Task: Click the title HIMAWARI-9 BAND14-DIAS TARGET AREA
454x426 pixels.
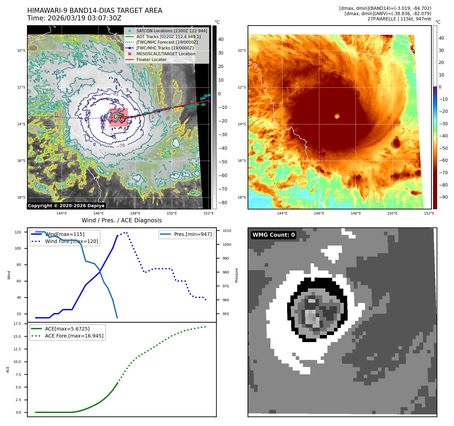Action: (95, 11)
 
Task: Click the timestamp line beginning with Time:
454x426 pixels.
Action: (74, 18)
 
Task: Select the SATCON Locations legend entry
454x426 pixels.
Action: (172, 31)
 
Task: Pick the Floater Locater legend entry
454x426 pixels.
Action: (151, 59)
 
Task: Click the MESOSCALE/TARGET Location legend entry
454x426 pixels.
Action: (166, 54)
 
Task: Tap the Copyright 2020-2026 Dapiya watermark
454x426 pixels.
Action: (66, 206)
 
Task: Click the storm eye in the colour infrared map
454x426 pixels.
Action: (337, 116)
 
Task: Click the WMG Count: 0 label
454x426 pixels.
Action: (274, 235)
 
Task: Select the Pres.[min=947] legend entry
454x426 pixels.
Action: (193, 234)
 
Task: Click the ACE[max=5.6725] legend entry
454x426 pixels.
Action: (67, 329)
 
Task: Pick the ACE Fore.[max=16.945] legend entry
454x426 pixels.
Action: (74, 336)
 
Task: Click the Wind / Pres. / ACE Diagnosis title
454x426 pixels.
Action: (122, 220)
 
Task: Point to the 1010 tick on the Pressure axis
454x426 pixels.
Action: (227, 231)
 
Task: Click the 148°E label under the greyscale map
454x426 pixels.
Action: (135, 213)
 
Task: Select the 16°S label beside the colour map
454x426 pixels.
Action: (241, 161)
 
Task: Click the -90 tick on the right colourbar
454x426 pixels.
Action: (443, 197)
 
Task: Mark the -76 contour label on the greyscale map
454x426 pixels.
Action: (121, 146)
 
